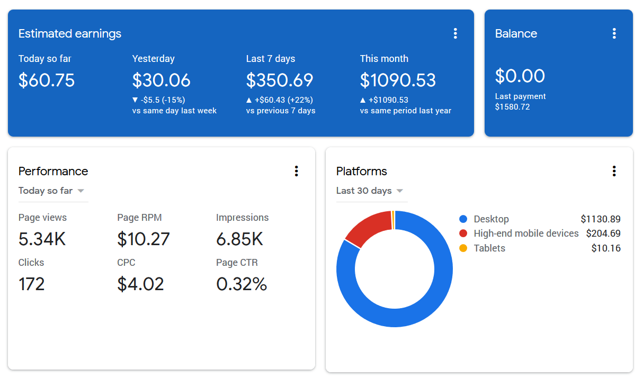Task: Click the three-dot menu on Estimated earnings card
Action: (x=456, y=33)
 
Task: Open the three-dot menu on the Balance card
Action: (x=614, y=33)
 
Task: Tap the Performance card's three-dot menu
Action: (x=296, y=171)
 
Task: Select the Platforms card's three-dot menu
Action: (x=614, y=171)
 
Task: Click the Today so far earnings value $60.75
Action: (x=47, y=80)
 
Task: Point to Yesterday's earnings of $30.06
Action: (x=161, y=80)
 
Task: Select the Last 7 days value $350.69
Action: (x=279, y=80)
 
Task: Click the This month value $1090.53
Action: (x=398, y=80)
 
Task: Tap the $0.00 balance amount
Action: (x=520, y=76)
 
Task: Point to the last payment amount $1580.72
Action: (x=512, y=107)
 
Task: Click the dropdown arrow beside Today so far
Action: (x=81, y=191)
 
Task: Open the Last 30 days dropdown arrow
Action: (x=399, y=191)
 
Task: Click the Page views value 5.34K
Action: (x=42, y=239)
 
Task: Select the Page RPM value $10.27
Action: (x=143, y=239)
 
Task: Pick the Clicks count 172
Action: (x=31, y=284)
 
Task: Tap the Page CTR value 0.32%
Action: (x=242, y=284)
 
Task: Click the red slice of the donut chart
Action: (x=368, y=228)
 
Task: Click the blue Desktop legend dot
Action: (x=463, y=219)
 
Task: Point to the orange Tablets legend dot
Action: (x=463, y=248)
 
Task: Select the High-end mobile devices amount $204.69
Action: (x=603, y=234)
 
